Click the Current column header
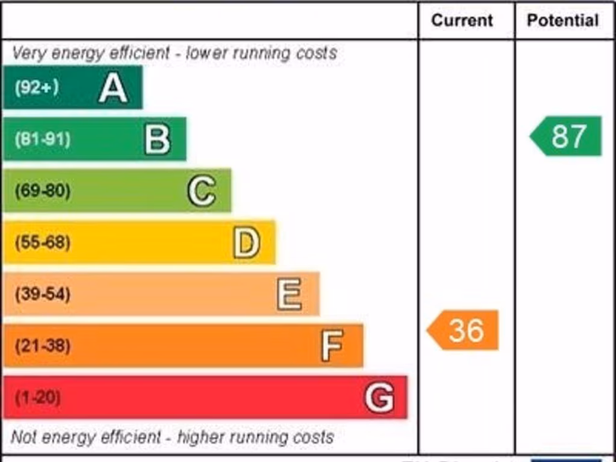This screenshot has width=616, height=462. click(x=462, y=20)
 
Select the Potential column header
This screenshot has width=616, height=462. click(x=562, y=20)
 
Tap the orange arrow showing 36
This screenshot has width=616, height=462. click(x=463, y=330)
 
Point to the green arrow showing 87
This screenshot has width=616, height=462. click(x=567, y=136)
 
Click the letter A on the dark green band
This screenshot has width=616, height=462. click(x=113, y=88)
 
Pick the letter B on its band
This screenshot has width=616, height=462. click(x=158, y=140)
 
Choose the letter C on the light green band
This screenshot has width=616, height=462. click(x=202, y=191)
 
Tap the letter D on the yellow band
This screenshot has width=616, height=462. click(x=247, y=243)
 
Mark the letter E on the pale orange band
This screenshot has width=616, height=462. click(x=290, y=295)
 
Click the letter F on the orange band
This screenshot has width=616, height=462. click(x=333, y=346)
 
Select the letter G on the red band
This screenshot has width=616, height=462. click(x=380, y=398)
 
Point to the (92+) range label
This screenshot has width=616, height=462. click(x=37, y=88)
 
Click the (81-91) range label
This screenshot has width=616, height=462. click(x=43, y=140)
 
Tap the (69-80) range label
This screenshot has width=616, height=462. click(x=43, y=191)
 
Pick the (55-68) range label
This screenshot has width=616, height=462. click(x=43, y=243)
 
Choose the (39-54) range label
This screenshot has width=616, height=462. click(x=43, y=295)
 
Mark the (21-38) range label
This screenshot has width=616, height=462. click(x=43, y=346)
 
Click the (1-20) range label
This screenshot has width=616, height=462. click(x=38, y=398)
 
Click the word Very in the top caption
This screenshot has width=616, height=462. click(x=29, y=53)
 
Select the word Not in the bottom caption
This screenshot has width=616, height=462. click(x=23, y=437)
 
